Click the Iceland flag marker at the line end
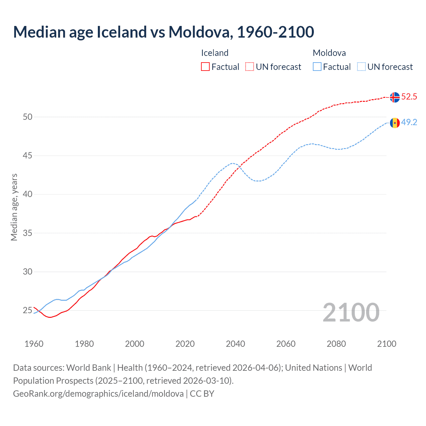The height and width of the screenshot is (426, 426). [395, 97]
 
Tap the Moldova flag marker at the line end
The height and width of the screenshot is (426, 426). [395, 123]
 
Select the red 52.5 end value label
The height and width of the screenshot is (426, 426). [409, 97]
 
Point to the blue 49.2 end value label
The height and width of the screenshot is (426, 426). [409, 122]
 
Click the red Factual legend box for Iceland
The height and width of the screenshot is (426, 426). [205, 67]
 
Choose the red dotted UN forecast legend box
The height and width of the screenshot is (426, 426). [250, 67]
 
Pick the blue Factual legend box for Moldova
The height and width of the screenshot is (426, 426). [317, 67]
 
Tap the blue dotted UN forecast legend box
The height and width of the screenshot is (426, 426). [361, 67]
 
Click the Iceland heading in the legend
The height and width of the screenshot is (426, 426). [215, 53]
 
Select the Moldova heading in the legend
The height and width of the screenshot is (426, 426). [329, 53]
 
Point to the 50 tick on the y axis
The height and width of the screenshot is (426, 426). [28, 117]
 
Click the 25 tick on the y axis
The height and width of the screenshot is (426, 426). [28, 311]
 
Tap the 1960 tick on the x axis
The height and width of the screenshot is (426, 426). [34, 344]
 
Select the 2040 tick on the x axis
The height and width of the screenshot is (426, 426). [235, 344]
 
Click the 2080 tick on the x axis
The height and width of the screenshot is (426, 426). [336, 344]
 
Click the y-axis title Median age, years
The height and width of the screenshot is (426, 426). [14, 207]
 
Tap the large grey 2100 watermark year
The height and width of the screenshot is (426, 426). [351, 312]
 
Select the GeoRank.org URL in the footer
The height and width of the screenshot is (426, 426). [98, 394]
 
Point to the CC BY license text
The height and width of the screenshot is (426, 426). [202, 394]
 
